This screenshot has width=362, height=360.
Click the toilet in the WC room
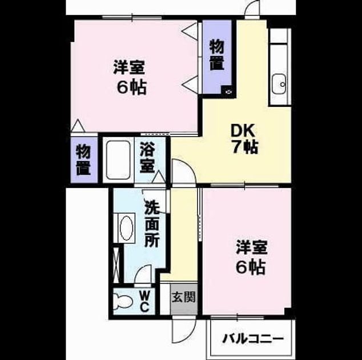coord(122,302)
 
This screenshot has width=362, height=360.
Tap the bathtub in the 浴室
coord(118,160)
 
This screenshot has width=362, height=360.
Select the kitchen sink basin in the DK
coord(279,84)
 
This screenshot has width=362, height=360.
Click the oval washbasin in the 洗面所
coord(127,228)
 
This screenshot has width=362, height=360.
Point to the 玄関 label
coord(184,297)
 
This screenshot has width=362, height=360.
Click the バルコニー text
coord(253,339)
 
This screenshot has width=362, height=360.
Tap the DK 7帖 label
coord(244,139)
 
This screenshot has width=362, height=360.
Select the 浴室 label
coord(147,158)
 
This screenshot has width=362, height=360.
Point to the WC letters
coord(144,301)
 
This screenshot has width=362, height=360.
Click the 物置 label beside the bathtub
coord(83,160)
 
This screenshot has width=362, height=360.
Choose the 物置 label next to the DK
coord(216,55)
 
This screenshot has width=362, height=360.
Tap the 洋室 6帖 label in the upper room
coord(130,77)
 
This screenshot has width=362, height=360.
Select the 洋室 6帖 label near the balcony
coord(251,257)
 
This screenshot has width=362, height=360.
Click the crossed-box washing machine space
coord(116,265)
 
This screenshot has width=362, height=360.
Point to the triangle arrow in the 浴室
coord(159,177)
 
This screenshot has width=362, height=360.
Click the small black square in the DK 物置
coord(228,91)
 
